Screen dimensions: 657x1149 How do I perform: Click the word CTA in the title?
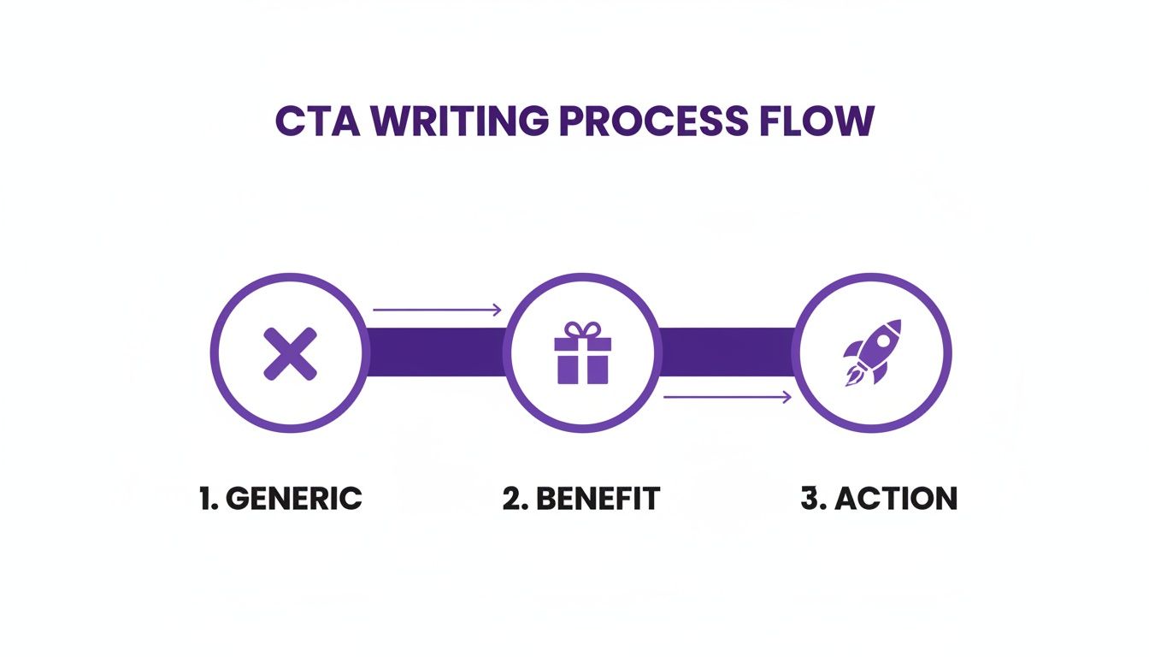(x=319, y=121)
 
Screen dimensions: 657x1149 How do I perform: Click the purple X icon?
(x=290, y=353)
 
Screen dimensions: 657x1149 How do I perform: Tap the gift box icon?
(x=581, y=354)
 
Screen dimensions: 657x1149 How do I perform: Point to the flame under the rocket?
(x=852, y=376)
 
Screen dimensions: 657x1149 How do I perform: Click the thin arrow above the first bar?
(x=437, y=311)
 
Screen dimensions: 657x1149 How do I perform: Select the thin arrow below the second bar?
(x=728, y=396)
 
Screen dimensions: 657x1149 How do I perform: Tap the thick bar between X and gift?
(x=435, y=352)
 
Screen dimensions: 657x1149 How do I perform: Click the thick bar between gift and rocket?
(x=727, y=352)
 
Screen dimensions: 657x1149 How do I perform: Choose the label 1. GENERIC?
(x=280, y=498)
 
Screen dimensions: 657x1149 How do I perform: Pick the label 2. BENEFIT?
(x=580, y=498)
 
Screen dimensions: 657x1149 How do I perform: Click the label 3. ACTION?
(x=879, y=498)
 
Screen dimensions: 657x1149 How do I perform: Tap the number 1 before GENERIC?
(x=206, y=498)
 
